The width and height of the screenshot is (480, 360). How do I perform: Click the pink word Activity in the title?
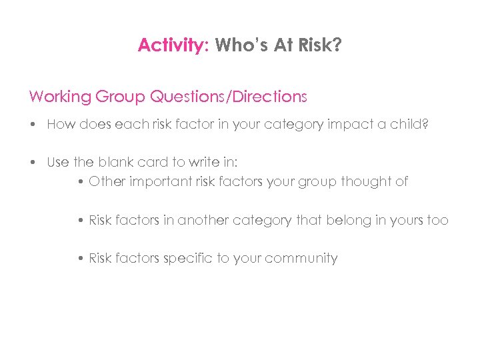point(170,45)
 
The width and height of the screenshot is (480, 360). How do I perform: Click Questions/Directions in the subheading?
point(229,97)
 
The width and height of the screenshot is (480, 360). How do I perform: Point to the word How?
point(59,125)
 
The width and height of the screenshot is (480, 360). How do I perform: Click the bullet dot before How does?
point(33,125)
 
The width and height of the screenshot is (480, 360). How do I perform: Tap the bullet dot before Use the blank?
point(33,163)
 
